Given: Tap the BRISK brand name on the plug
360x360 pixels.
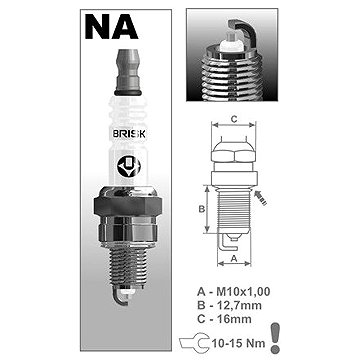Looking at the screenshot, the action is [129, 134].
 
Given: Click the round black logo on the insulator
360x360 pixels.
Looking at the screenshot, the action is [129, 166].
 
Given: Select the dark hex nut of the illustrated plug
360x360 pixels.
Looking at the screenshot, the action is [128, 206].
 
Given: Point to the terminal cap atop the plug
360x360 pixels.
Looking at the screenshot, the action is [128, 73].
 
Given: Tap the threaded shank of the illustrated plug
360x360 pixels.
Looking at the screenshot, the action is [128, 268].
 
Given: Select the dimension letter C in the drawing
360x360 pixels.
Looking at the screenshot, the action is [234, 119].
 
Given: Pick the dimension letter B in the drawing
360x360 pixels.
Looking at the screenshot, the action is [202, 209].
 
